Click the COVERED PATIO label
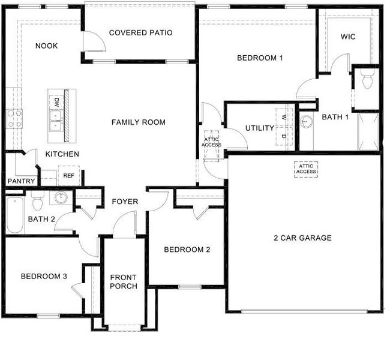140,32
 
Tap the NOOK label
46,46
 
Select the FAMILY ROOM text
138,122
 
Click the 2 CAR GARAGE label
302,238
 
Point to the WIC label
348,37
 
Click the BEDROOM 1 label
259,58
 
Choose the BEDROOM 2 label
187,250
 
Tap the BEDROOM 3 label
43,277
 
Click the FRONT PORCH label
123,281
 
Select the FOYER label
125,202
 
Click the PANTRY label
20,181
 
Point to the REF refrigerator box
69,176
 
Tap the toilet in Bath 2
35,197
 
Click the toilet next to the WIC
367,80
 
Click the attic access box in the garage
305,169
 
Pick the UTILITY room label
260,128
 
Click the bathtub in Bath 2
15,216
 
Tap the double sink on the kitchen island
55,121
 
